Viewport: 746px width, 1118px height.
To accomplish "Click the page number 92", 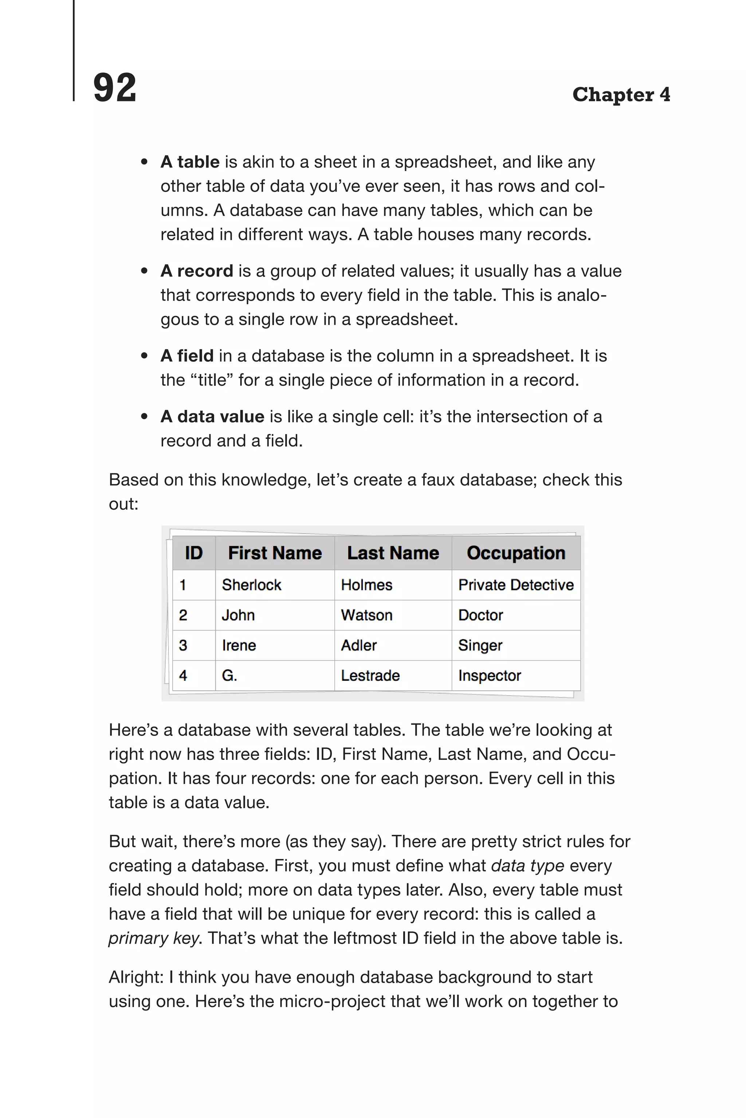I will coord(115,88).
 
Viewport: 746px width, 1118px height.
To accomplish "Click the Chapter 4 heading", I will coord(621,95).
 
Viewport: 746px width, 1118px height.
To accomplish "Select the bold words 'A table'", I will coord(190,162).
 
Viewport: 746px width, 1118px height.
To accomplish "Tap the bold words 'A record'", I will coord(196,271).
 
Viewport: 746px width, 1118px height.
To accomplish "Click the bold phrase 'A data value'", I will coord(212,417).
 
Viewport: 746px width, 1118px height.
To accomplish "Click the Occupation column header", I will coord(516,553).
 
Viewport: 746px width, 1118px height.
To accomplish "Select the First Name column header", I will coord(275,553).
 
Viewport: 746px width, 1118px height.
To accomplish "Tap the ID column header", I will coord(194,553).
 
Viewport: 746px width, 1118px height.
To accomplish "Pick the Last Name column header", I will coord(393,553).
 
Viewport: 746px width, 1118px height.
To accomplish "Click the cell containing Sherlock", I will coord(252,585).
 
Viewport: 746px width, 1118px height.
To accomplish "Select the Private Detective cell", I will coord(516,585).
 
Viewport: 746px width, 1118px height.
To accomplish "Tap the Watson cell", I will coord(366,615).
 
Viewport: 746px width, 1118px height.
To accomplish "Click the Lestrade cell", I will coord(370,675).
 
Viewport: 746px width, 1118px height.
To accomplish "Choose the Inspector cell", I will coord(490,675).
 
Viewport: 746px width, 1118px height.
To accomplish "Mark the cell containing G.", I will coord(229,675).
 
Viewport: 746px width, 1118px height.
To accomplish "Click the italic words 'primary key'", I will coord(153,938).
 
